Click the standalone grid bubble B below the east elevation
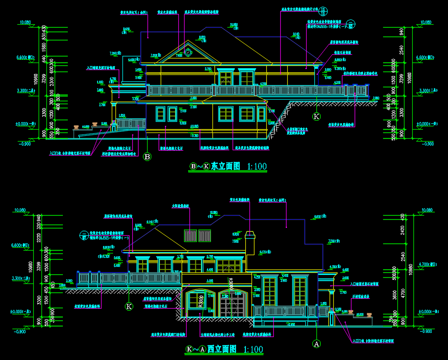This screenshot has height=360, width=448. click(147, 156)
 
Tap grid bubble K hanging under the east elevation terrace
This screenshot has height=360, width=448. click(316, 116)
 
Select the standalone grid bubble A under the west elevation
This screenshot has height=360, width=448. click(316, 343)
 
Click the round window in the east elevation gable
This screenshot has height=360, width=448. click(188, 52)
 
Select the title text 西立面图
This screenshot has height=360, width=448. click(222, 350)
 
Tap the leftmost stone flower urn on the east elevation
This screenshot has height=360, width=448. click(76, 127)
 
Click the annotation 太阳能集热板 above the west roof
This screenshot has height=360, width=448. click(180, 206)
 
